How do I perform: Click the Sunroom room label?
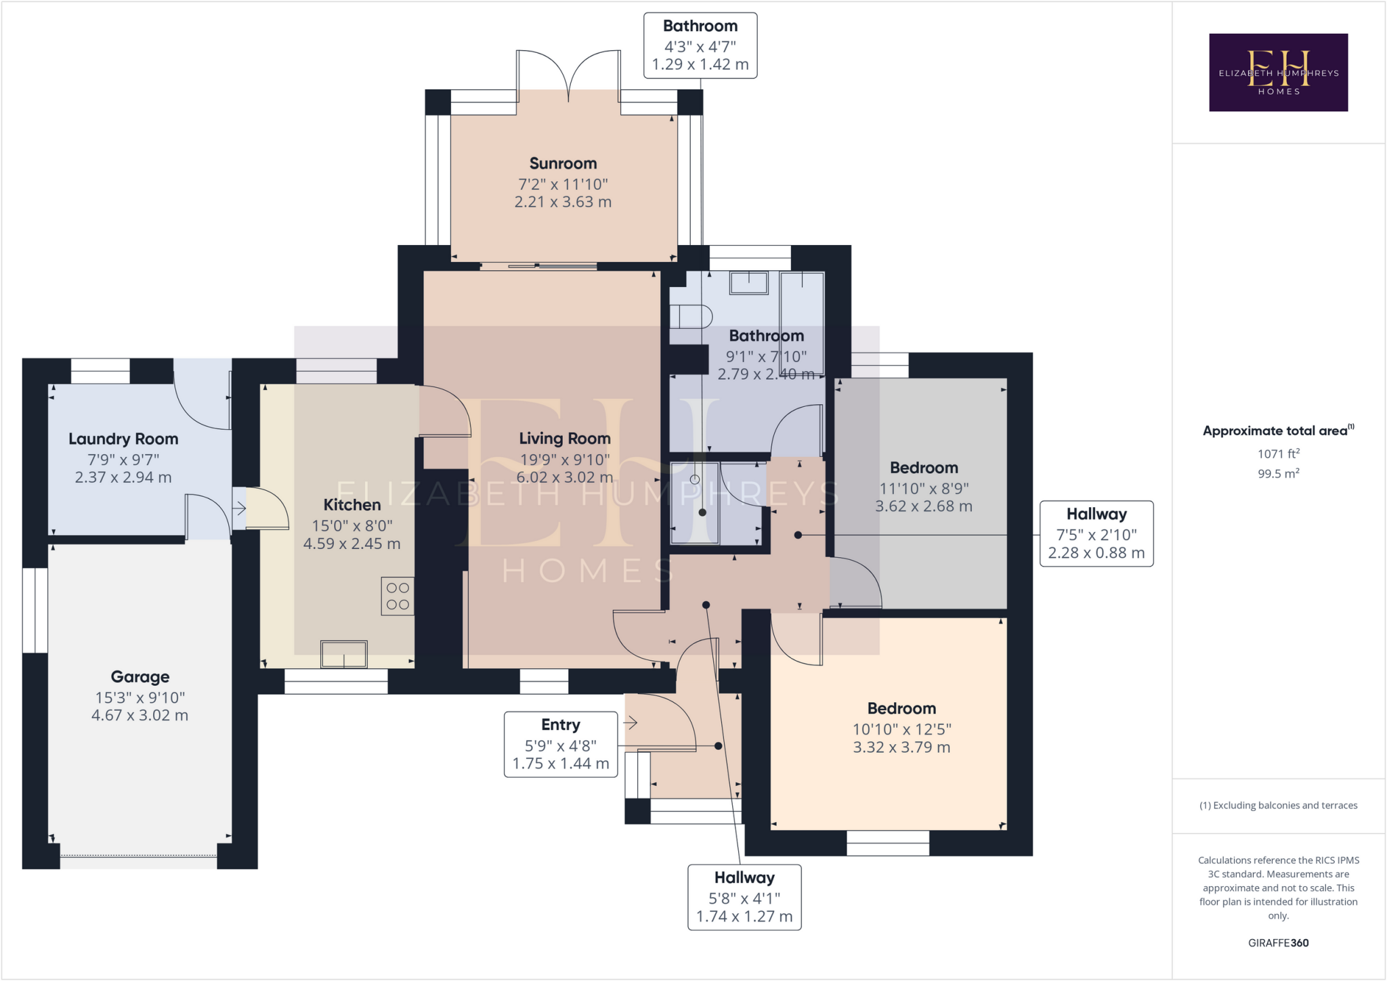[x=563, y=164]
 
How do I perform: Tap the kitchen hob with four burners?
[x=398, y=596]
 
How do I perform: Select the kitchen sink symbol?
[x=344, y=654]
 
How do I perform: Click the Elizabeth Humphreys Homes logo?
[x=1278, y=72]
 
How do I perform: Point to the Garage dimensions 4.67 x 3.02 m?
[x=140, y=716]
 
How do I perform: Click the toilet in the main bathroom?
[x=690, y=317]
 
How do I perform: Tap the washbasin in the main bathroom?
[x=748, y=282]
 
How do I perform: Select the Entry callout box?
[x=561, y=744]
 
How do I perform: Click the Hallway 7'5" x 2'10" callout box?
[x=1096, y=533]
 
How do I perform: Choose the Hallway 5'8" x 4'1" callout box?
[x=744, y=897]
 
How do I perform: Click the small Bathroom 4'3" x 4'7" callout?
[x=700, y=45]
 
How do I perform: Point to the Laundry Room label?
[x=123, y=439]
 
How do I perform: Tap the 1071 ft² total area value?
[x=1278, y=454]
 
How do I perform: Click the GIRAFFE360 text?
[x=1278, y=943]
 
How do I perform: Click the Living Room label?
[x=565, y=439]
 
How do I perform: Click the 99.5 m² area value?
[x=1278, y=474]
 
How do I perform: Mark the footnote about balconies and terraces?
[x=1278, y=806]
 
